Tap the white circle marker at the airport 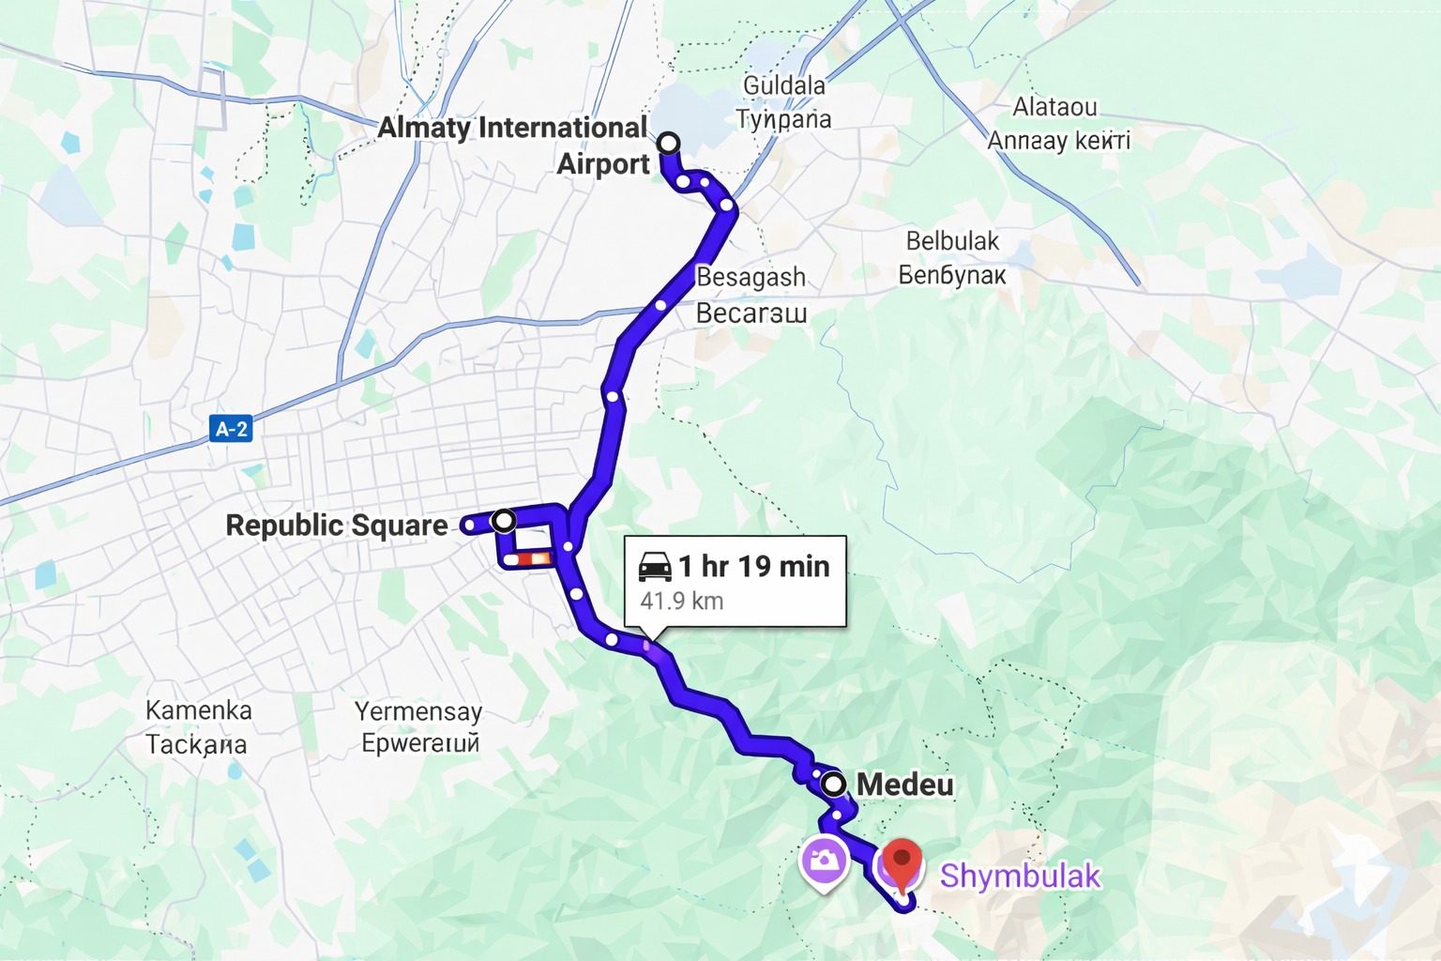point(668,143)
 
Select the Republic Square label point(337,525)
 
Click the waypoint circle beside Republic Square point(505,519)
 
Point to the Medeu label point(905,785)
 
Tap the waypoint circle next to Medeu point(833,784)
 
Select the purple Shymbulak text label point(1020,876)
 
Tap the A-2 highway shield point(231,429)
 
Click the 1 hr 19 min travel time point(754,566)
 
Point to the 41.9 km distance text point(682,601)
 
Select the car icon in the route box point(655,566)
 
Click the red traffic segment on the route point(528,559)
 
